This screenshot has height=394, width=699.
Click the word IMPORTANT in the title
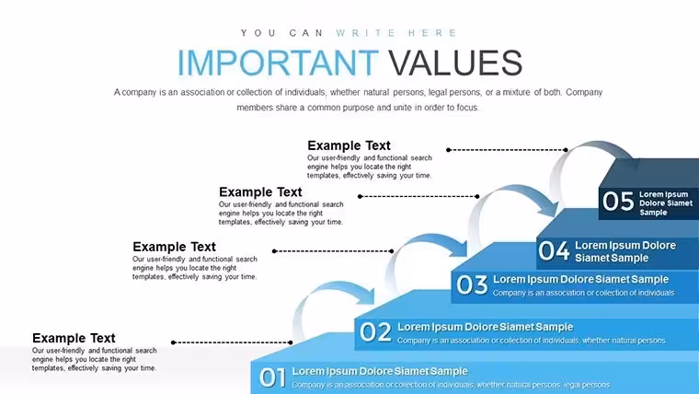pos(278,63)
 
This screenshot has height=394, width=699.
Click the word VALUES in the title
pos(455,63)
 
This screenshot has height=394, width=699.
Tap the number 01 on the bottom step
pos(272,377)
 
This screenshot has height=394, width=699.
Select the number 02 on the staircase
pos(375,332)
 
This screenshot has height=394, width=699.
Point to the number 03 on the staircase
pos(472,284)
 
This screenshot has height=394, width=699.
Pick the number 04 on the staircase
pos(554,250)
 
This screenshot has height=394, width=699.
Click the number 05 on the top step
pos(618,201)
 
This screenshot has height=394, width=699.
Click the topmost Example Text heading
pos(349,145)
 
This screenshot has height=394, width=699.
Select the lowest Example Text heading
pos(74,338)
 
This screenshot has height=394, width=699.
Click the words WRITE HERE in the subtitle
pos(395,33)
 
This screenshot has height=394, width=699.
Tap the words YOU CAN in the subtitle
pos(282,33)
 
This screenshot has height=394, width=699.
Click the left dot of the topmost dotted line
pos(449,150)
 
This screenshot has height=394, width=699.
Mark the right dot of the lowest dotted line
pos(291,342)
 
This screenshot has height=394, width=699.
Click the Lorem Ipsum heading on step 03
pos(581,279)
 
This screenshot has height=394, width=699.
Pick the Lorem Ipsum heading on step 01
pos(380,371)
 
